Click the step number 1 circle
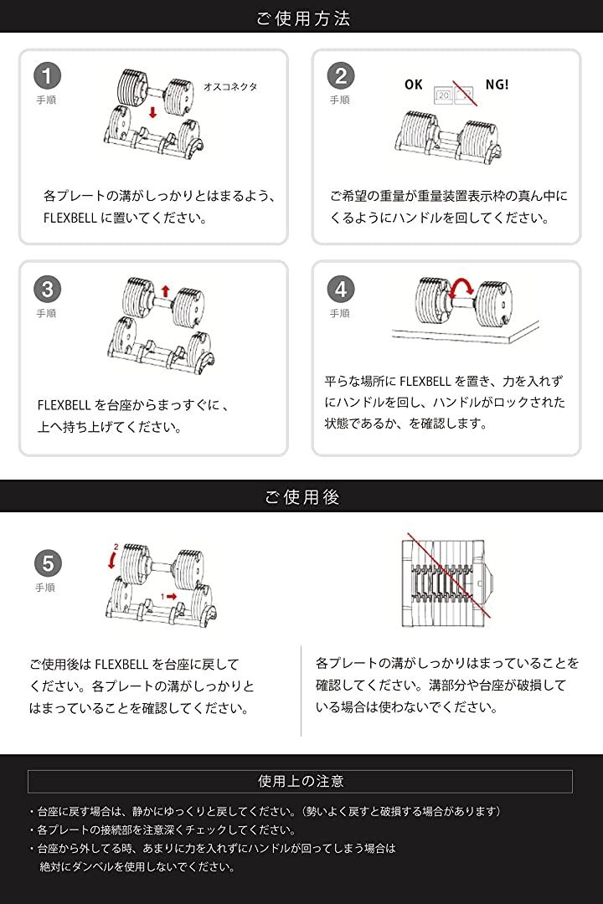47,75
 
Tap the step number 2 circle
341,75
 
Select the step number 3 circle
47,289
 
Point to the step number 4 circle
341,289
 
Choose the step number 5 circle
47,563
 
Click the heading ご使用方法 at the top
303,18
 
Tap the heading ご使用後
301,496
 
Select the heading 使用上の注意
301,781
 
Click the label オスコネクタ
230,86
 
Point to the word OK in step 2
413,85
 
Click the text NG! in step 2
497,85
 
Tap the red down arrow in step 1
152,111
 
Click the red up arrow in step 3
166,290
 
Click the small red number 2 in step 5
116,546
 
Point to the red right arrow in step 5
172,596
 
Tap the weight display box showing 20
443,95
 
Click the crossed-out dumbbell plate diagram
447,582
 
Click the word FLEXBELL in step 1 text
70,218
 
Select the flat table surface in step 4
465,332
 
